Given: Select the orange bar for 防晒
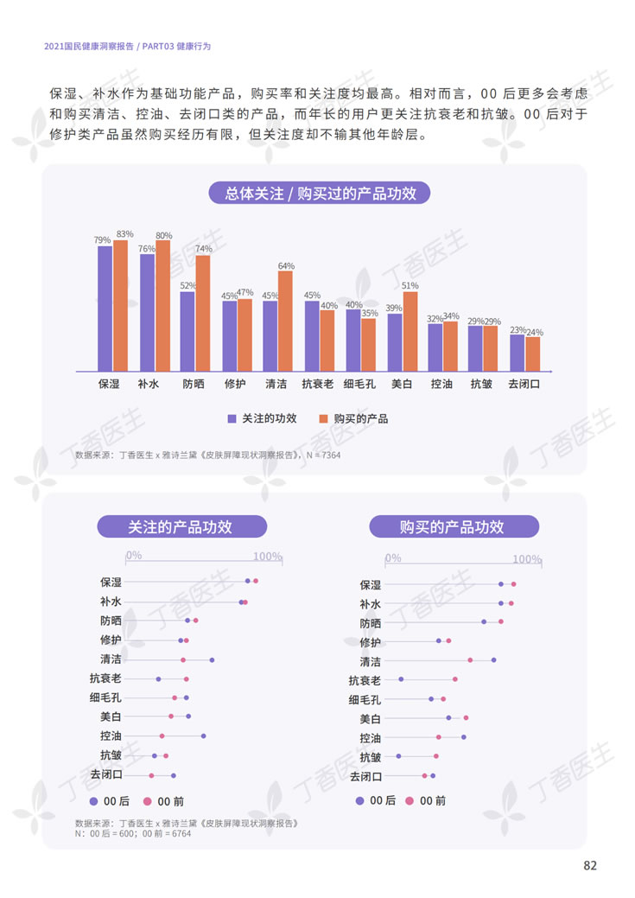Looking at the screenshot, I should (x=203, y=313).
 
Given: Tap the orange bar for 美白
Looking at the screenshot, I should (x=410, y=331).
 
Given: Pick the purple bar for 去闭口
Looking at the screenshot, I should (x=517, y=353).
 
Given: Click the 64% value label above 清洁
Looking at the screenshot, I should (x=286, y=266).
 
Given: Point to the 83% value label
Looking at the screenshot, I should (x=124, y=234).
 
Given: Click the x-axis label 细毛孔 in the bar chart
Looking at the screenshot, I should (x=360, y=384).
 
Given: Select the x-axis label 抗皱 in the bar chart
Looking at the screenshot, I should (x=481, y=384).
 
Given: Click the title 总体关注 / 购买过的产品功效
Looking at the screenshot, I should (x=321, y=194).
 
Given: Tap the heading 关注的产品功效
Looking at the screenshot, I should (x=181, y=527).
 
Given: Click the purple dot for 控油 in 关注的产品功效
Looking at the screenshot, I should (x=204, y=736).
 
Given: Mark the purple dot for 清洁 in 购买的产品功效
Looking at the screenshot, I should (x=493, y=660).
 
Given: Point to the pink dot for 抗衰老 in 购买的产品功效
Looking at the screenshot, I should (x=455, y=679).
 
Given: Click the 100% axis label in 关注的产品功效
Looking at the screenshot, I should (x=268, y=556).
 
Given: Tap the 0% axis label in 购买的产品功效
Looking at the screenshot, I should (x=393, y=558).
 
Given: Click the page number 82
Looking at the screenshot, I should (x=590, y=866).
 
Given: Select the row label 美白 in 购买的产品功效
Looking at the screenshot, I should (x=370, y=719).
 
